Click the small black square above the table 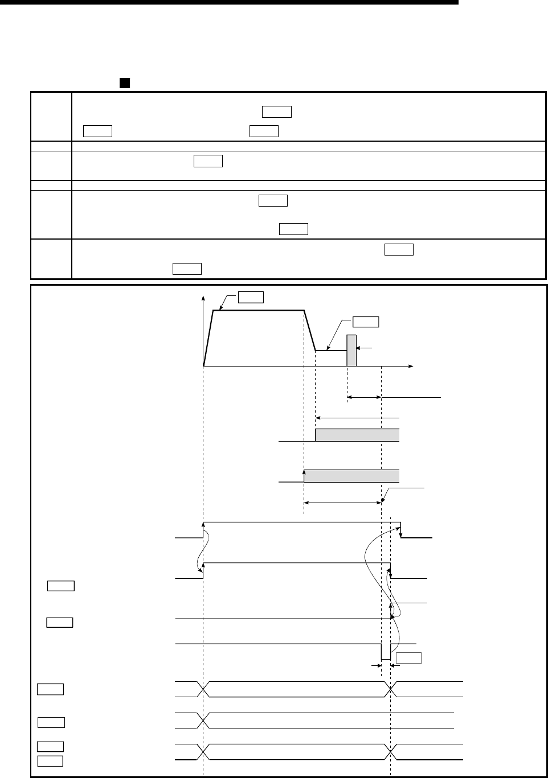pyautogui.click(x=122, y=83)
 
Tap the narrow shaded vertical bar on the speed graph pyautogui.click(x=351, y=350)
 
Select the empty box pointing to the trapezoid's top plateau pyautogui.click(x=251, y=297)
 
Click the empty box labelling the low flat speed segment pyautogui.click(x=366, y=322)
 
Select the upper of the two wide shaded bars pyautogui.click(x=357, y=435)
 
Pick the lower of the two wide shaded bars pyautogui.click(x=351, y=476)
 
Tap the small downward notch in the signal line pyautogui.click(x=386, y=652)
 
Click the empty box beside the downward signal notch pyautogui.click(x=408, y=658)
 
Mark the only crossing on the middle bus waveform pyautogui.click(x=203, y=720)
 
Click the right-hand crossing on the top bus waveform pyautogui.click(x=391, y=689)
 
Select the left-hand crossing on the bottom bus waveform pyautogui.click(x=203, y=752)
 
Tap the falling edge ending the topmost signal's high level pyautogui.click(x=400, y=529)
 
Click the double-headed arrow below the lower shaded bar pyautogui.click(x=342, y=503)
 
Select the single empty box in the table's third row pyautogui.click(x=208, y=162)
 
